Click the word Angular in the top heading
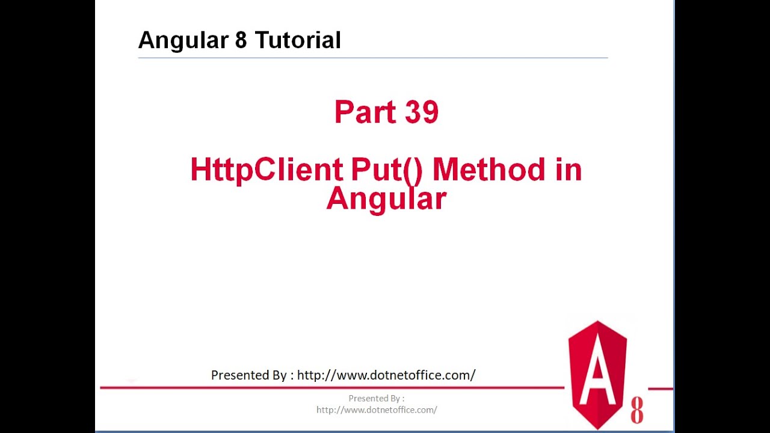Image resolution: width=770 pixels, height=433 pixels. [x=180, y=41]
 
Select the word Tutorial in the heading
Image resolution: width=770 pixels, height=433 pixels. [x=298, y=41]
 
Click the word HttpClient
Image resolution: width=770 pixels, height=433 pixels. [x=266, y=170]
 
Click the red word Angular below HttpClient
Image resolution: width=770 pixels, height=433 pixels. [x=386, y=198]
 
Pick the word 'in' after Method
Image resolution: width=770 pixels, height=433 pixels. [x=568, y=170]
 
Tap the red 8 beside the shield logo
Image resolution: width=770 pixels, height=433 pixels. [x=636, y=411]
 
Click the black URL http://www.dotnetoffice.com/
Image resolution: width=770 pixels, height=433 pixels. [x=386, y=375]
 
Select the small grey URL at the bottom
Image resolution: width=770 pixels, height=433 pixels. [x=377, y=410]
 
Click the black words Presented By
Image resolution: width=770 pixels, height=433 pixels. [x=248, y=375]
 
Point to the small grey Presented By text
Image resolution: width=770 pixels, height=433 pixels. [x=377, y=398]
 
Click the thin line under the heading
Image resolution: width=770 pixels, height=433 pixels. [x=373, y=58]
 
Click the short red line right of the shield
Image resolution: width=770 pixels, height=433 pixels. [x=661, y=388]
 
